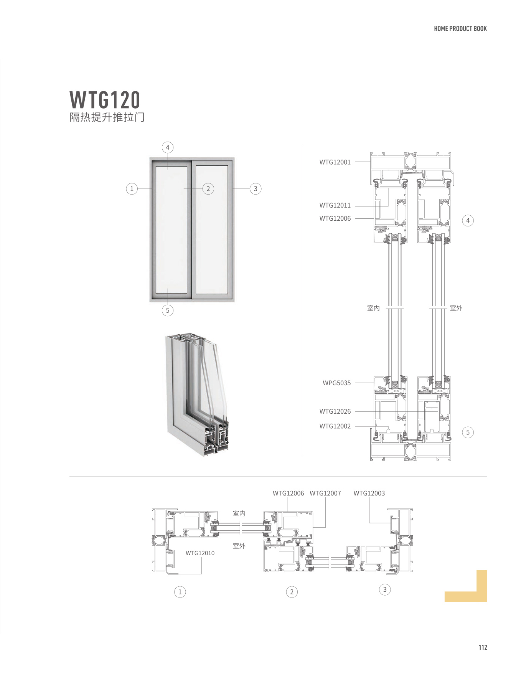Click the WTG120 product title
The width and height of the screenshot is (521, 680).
point(105,100)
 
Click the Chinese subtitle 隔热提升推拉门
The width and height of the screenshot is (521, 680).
point(107,117)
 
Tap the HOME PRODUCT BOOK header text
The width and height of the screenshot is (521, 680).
point(460,29)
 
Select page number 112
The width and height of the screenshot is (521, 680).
point(483,647)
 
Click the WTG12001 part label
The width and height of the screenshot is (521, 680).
point(335,162)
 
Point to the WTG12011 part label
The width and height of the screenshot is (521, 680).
point(335,206)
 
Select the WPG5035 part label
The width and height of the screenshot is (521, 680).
point(336,383)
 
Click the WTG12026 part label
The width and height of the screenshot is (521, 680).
point(335,411)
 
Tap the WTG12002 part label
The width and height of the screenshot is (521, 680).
point(335,426)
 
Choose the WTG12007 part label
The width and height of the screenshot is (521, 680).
point(325,493)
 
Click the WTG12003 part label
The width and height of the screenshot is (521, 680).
point(369,493)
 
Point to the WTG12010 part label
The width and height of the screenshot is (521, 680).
point(200,553)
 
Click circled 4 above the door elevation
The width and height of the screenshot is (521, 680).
point(167,147)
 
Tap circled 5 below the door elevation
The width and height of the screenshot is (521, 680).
point(167,310)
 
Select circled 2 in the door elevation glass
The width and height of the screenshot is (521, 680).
point(208,189)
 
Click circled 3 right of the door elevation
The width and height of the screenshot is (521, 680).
point(256,189)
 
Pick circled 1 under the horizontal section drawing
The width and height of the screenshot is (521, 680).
point(180,592)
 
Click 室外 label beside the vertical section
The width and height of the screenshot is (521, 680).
point(456,308)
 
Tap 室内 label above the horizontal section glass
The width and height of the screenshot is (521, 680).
point(239,513)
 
